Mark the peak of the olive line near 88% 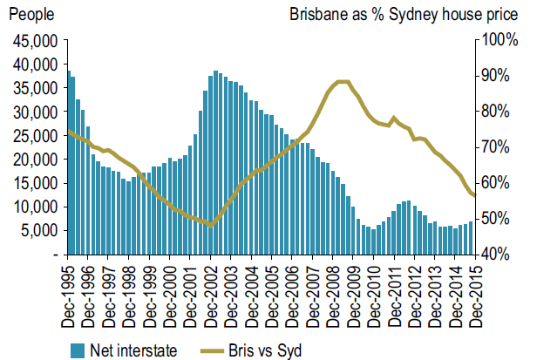pyautogui.click(x=342, y=82)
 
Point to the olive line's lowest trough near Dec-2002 pyautogui.click(x=209, y=224)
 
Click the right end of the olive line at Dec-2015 pyautogui.click(x=474, y=195)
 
